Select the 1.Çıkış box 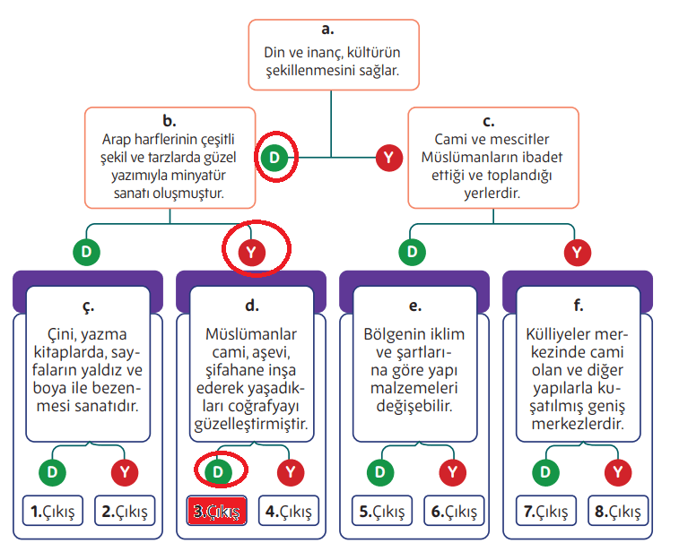click(x=52, y=512)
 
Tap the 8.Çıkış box click(x=617, y=512)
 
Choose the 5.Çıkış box click(x=381, y=512)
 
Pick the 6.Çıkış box click(x=454, y=512)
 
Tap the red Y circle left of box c click(x=387, y=158)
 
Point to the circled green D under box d click(x=216, y=470)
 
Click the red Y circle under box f click(x=616, y=470)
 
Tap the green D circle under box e click(x=381, y=470)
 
